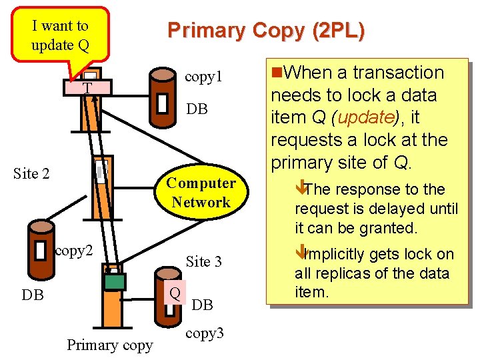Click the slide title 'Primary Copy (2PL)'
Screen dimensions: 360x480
pos(266,31)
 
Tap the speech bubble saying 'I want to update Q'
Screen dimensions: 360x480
pos(60,35)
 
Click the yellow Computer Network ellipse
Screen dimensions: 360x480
pos(201,193)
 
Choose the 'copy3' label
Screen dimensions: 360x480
pos(205,333)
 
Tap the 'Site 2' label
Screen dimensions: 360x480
pos(31,174)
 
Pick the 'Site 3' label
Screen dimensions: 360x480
pos(203,261)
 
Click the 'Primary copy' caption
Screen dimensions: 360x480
pos(109,345)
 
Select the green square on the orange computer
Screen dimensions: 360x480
pos(115,282)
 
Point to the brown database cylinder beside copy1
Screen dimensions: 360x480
pos(162,96)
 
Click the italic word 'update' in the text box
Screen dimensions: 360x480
pos(365,117)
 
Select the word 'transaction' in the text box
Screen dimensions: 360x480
pos(398,72)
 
